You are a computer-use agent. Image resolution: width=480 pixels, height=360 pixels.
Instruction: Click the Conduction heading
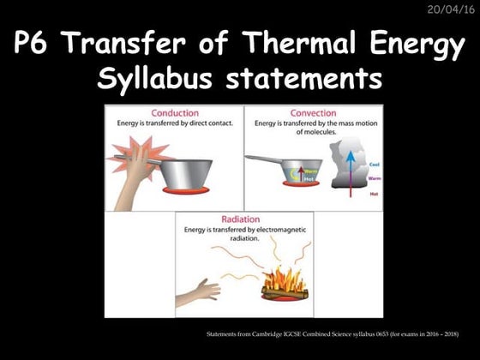174,113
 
